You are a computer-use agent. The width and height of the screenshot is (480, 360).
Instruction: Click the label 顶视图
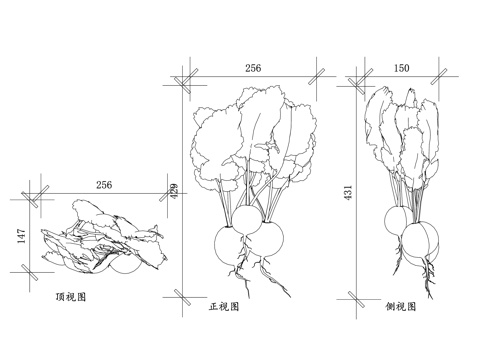coord(71,297)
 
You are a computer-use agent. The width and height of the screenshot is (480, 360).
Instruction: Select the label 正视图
coord(224,307)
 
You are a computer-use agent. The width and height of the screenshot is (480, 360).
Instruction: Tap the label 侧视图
coord(402,307)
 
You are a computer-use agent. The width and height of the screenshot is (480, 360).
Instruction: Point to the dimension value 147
coord(21,237)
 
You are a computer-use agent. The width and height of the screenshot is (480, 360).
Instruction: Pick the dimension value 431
coord(348,192)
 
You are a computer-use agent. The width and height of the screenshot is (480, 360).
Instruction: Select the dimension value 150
coord(401,68)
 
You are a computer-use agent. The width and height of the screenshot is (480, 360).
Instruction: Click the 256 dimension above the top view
coord(103,185)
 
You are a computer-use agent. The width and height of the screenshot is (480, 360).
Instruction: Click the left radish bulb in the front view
coord(235,244)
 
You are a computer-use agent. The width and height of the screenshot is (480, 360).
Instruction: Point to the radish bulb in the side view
coord(417,238)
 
